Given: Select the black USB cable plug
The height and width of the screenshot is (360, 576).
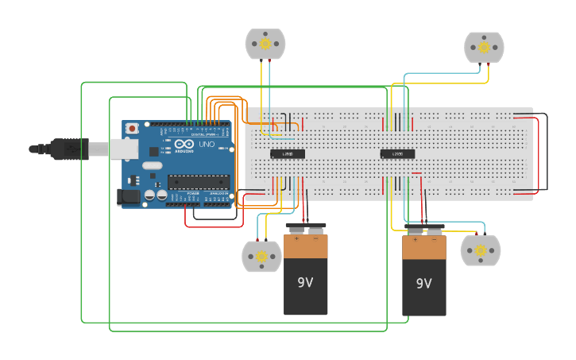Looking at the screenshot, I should [68, 149].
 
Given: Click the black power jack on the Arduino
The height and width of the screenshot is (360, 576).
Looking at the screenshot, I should [128, 196].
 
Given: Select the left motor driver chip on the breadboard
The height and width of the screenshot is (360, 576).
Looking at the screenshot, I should [287, 153].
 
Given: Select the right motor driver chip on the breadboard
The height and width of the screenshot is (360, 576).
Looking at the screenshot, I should [397, 154].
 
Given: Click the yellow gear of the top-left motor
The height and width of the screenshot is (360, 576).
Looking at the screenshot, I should [265, 44].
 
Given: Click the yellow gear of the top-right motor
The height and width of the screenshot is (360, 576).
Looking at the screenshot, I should [484, 48].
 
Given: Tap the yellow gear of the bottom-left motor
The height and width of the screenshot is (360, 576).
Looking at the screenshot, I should [261, 256].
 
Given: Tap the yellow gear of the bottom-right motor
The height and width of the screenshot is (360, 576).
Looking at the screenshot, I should [481, 250].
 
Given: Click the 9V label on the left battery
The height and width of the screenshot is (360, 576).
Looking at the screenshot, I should [306, 282].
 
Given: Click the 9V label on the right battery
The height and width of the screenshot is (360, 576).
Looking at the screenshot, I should [423, 284].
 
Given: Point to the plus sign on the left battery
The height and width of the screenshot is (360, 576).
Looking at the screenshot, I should [297, 238].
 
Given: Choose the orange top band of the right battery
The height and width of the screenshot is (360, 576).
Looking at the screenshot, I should [423, 248].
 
